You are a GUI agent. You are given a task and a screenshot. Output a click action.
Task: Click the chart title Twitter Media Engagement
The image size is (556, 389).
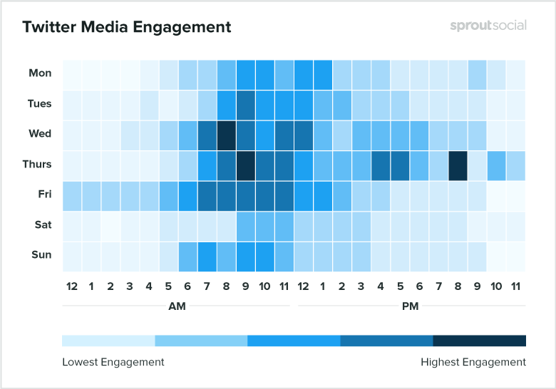click(127, 27)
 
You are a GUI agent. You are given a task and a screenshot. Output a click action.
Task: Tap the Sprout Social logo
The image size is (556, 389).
click(488, 26)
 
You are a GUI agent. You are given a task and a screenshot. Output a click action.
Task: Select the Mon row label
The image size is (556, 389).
click(40, 73)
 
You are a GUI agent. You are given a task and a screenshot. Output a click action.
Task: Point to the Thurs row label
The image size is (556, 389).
click(37, 164)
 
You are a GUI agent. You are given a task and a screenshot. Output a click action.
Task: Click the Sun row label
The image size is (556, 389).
click(40, 254)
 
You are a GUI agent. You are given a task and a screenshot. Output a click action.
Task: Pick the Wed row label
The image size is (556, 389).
click(40, 133)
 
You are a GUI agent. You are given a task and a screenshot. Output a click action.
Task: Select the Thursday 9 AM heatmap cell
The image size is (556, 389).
click(246, 165)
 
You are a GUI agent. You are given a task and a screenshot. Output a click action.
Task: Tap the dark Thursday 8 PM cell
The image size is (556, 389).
click(458, 165)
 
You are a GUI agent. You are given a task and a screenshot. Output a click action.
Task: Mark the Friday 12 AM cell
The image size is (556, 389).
click(72, 194)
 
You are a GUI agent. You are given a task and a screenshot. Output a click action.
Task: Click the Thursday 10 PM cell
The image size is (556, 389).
click(496, 165)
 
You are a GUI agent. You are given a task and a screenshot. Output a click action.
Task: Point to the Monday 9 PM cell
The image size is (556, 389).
click(477, 73)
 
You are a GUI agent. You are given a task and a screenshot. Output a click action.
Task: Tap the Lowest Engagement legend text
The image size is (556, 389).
click(113, 362)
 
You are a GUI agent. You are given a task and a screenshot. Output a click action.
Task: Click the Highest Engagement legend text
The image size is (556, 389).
click(473, 362)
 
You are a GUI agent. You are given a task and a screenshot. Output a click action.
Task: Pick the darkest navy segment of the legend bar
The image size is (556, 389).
click(479, 340)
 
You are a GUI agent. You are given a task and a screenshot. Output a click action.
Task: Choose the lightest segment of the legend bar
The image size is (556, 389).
click(108, 340)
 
